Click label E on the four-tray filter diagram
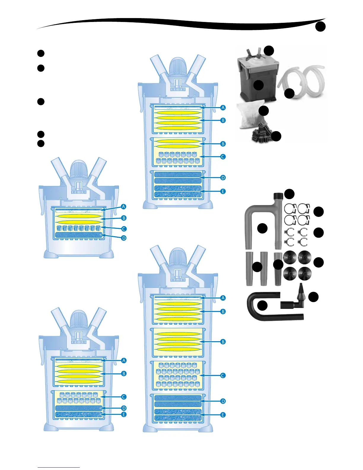[223, 415]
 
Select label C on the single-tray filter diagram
[124, 229]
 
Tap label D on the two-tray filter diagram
[124, 408]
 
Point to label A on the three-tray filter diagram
[223, 108]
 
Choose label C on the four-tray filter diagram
[223, 375]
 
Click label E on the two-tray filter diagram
[124, 415]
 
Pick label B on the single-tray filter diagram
[124, 218]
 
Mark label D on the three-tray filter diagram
[223, 178]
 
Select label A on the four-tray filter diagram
[223, 298]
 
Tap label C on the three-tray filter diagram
[223, 157]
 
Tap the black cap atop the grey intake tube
[278, 196]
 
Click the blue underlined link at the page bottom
[59, 467]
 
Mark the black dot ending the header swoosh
[320, 27]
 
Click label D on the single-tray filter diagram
[124, 238]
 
